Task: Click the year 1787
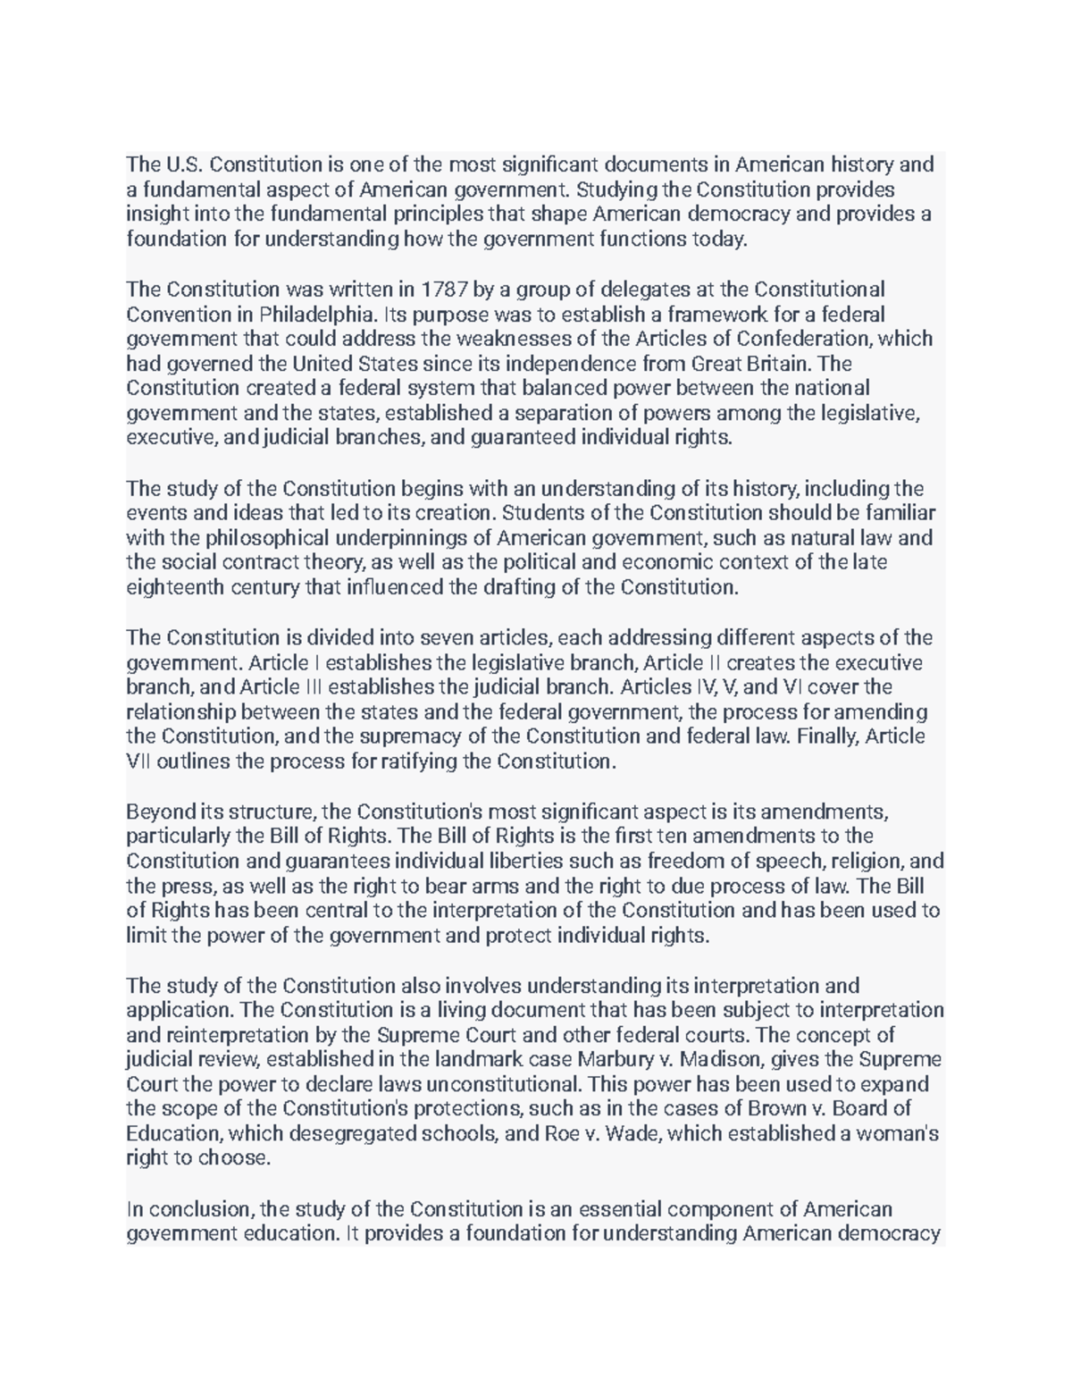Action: click(x=444, y=290)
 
